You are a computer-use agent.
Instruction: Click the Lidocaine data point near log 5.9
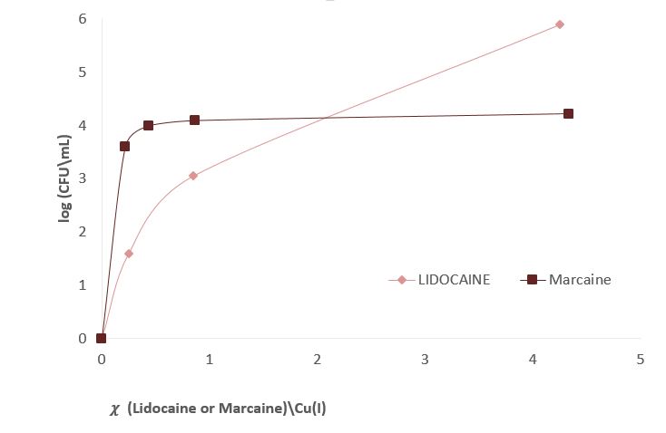coord(560,24)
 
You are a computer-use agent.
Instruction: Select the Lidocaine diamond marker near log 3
coord(193,176)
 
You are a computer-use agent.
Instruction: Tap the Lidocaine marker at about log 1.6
coord(129,254)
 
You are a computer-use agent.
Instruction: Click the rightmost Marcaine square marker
coord(568,113)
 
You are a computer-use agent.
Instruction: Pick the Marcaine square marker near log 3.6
coord(124,146)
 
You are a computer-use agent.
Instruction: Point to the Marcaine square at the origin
coord(101,338)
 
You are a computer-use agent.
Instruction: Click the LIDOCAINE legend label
coord(454,280)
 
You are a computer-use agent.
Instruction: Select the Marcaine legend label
coord(580,280)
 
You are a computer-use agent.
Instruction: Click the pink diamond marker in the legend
coord(402,280)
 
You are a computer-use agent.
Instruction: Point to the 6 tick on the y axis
coord(82,19)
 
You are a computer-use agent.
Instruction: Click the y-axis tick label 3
coord(82,178)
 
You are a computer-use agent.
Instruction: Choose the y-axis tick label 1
coord(82,285)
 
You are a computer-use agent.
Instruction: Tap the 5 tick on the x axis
coord(641,360)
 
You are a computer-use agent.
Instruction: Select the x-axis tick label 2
coord(317,360)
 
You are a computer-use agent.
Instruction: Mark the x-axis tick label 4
coord(533,360)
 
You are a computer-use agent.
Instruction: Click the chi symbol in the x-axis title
coord(114,409)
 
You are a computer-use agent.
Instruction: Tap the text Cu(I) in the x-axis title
coord(308,408)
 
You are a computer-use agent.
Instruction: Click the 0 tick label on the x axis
coord(101,360)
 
